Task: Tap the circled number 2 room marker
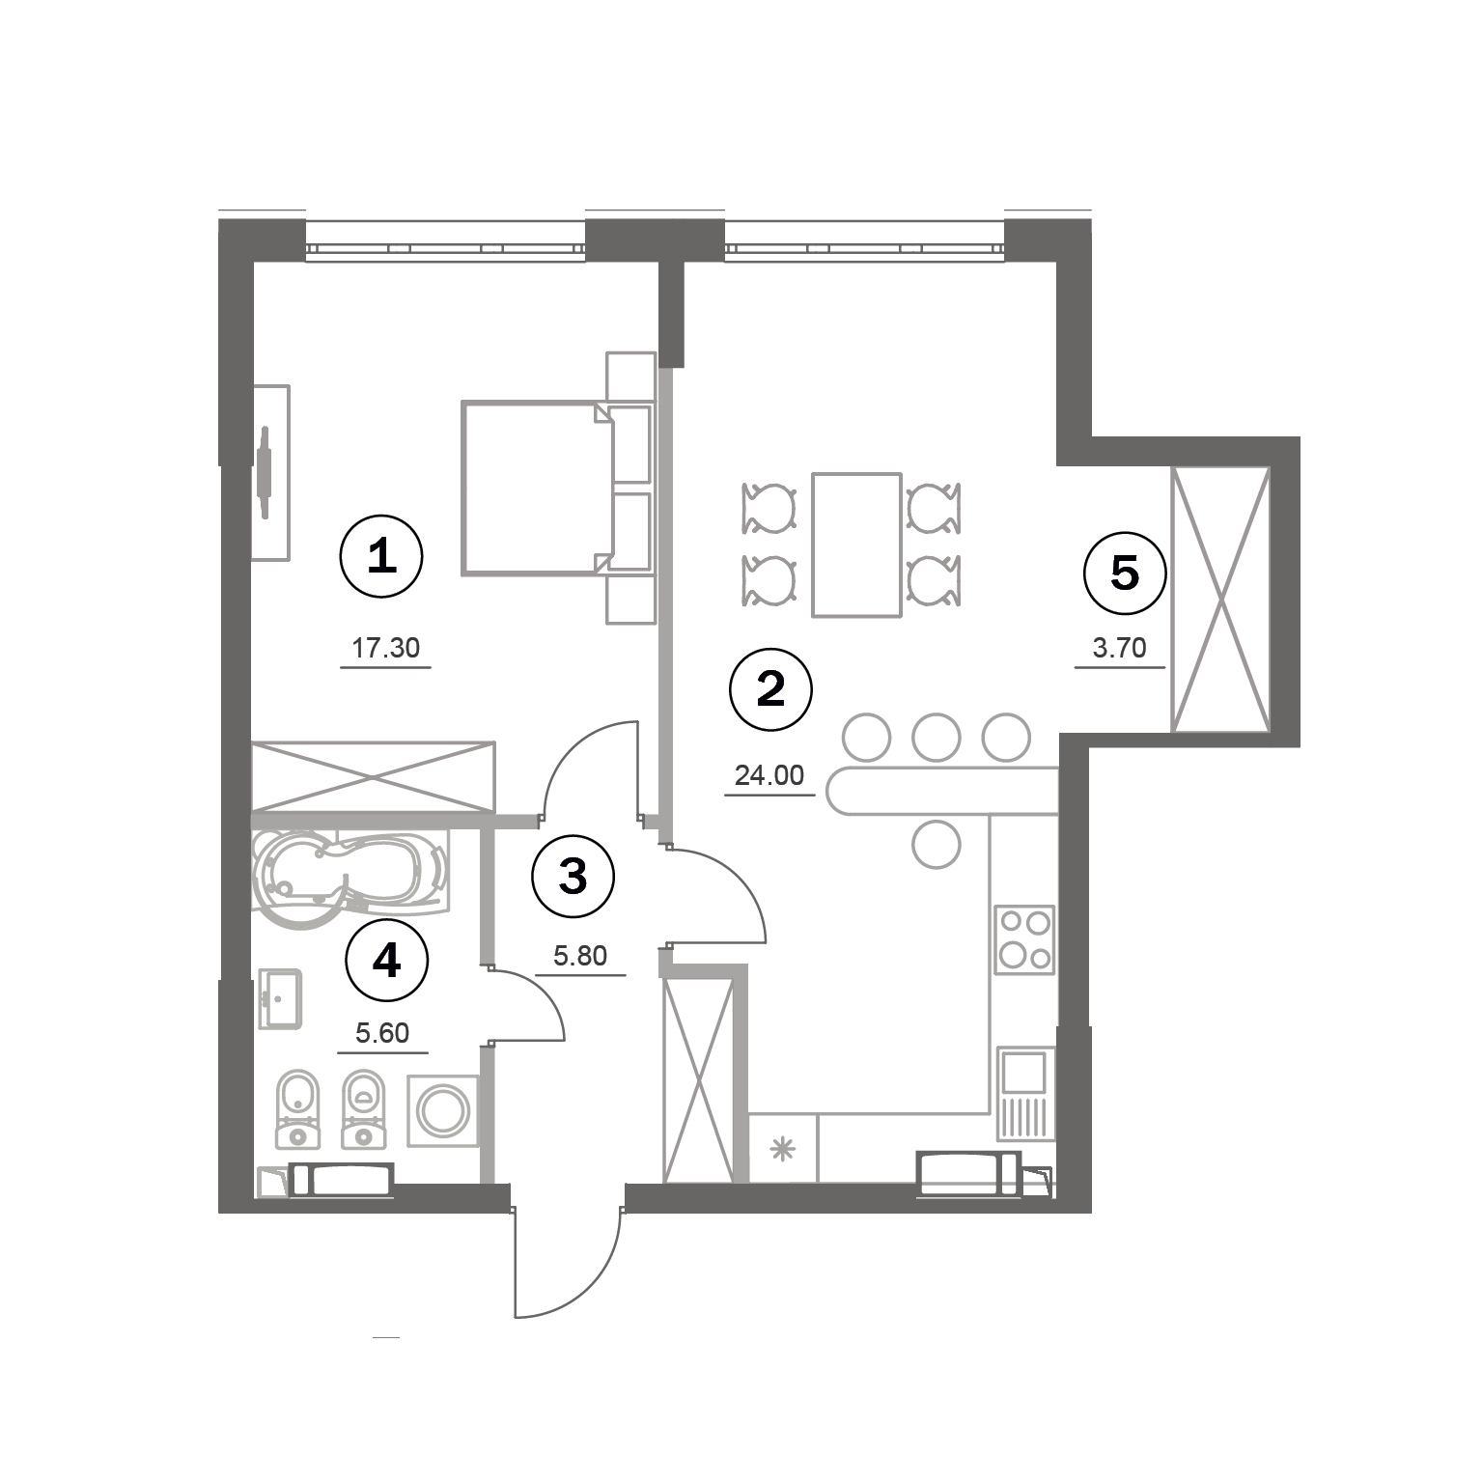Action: coord(770,689)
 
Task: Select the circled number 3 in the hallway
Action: coord(573,877)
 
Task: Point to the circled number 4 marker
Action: coord(386,960)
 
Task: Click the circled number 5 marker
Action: coord(1126,573)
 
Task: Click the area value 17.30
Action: coord(385,648)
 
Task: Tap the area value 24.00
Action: coord(769,774)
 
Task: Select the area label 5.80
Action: coord(579,956)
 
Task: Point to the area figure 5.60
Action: coord(382,1033)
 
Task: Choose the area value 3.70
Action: coord(1119,648)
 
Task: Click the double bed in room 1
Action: coord(537,489)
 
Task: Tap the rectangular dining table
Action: coord(857,545)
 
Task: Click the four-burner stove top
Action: coord(1024,939)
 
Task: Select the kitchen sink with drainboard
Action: coord(1022,1093)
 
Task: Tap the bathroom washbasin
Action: coord(281,1000)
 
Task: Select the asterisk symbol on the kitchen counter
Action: coord(782,1149)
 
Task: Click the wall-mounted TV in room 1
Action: coord(266,472)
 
